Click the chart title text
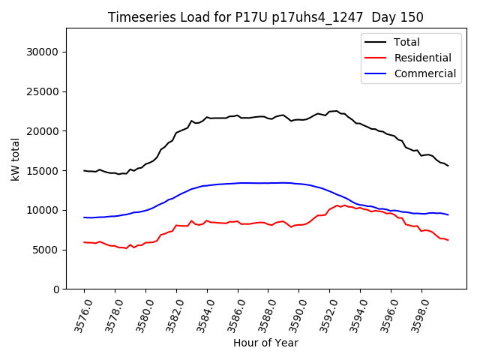click(x=265, y=17)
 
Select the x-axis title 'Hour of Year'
click(x=265, y=343)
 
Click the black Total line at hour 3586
click(x=238, y=115)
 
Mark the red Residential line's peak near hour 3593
click(x=343, y=204)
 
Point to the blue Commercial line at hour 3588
click(x=268, y=183)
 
